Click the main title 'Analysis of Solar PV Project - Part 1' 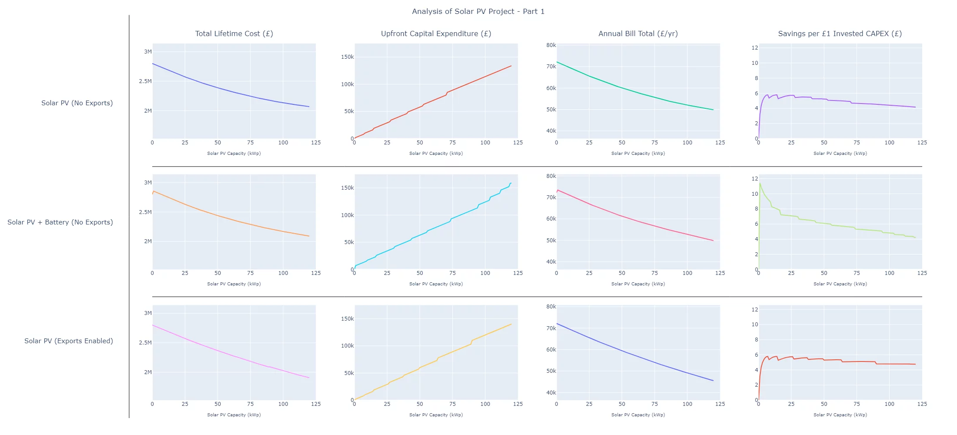coord(478,11)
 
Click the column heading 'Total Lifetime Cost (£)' coord(234,33)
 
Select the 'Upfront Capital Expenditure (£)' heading coord(436,33)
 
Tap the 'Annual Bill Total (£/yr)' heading coord(638,33)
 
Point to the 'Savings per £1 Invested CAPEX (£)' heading coord(840,33)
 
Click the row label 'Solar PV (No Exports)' coord(77,103)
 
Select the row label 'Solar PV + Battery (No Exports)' coord(60,222)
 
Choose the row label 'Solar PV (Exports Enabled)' coord(69,341)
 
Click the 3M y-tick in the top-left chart coord(148,52)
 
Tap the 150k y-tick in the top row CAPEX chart coord(348,57)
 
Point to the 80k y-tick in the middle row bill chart coord(551,176)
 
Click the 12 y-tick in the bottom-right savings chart coord(755,310)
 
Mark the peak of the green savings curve coord(760,183)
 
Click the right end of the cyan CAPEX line coord(511,183)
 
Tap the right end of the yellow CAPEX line coord(511,324)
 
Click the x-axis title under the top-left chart coord(234,154)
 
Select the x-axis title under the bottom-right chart coord(840,415)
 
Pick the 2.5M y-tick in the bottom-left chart coord(145,343)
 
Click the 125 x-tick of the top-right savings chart coord(922,143)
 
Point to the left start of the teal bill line coord(557,62)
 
